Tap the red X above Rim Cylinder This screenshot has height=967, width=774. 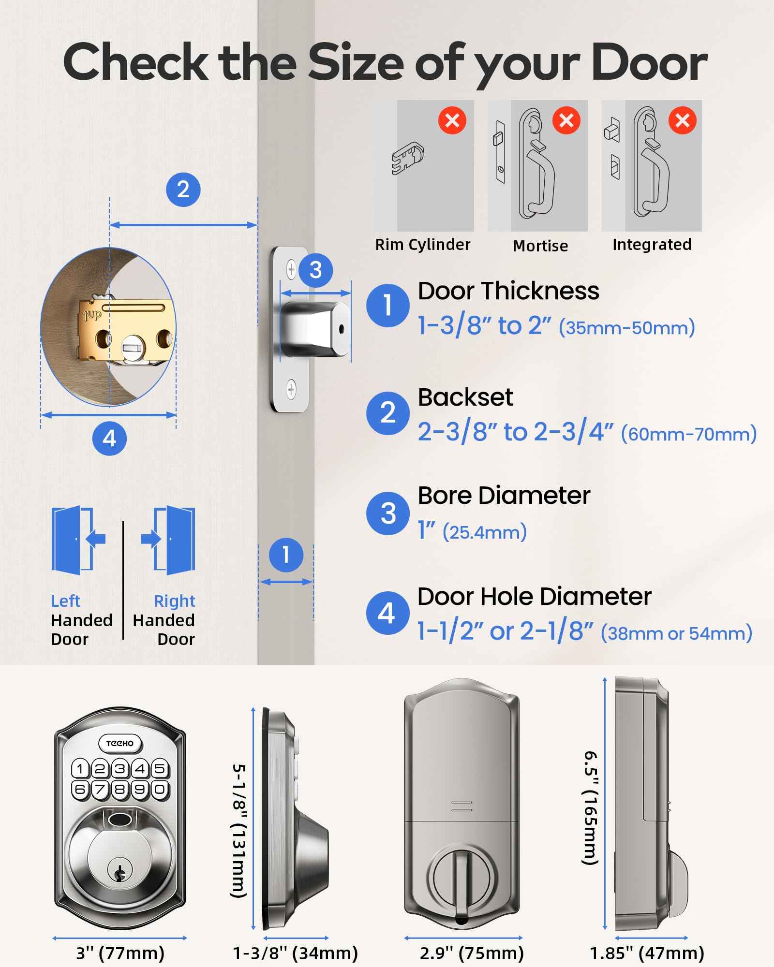coord(452,120)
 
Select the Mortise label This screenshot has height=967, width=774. coord(540,246)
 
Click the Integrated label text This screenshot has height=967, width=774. coord(652,245)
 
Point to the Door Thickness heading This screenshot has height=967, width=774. coord(508,291)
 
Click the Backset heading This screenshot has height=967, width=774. coord(465,397)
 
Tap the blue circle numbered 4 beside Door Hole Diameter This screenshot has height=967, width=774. coord(387,614)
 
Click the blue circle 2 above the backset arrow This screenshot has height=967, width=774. coord(183,190)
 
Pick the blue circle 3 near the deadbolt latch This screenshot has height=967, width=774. coord(315,270)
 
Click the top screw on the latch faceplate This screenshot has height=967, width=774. coord(291,269)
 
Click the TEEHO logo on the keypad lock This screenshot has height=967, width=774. coord(120,743)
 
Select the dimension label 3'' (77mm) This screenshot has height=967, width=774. coord(120,953)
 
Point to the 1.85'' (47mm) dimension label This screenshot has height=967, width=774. coord(647,953)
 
